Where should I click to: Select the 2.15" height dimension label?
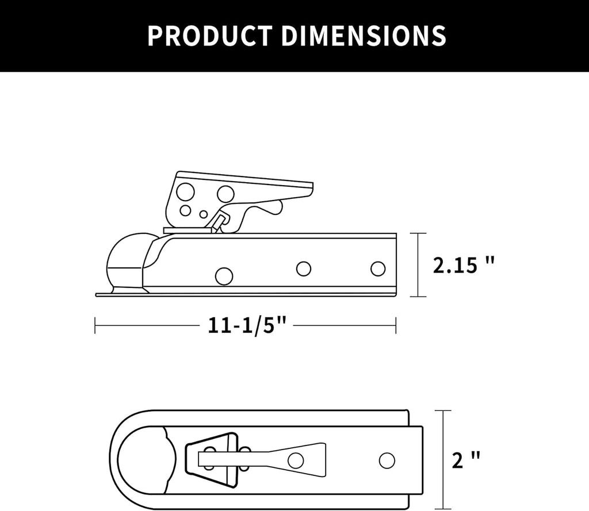464,265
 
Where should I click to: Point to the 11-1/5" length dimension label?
247,326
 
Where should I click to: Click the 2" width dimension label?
466,460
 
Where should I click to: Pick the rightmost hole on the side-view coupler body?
378,268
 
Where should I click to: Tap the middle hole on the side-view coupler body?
304,268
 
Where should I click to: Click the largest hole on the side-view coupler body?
224,276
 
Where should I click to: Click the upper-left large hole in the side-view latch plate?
185,192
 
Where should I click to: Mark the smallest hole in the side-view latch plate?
204,214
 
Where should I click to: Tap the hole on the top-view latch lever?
296,460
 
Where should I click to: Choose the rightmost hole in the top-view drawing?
387,460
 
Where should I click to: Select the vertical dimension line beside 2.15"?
418,265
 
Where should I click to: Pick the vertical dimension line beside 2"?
443,460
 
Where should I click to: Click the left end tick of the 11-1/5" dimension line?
95,326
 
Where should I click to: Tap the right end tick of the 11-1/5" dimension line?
396,326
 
